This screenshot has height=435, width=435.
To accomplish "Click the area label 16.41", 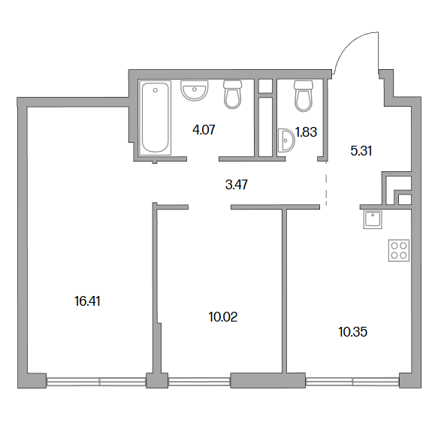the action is coord(87,301).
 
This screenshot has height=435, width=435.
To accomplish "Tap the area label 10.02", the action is coord(223,317).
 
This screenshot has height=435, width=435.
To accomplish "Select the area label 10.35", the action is coord(353,332).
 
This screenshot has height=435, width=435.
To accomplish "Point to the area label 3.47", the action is coord(237,185).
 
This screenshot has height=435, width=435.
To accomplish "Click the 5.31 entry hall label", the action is coord(361,151).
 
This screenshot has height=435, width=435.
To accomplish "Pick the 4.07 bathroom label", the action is coord(204,130).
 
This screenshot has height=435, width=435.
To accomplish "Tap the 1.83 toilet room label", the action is coord(306,132).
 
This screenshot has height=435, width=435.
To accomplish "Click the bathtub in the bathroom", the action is coord(155,118).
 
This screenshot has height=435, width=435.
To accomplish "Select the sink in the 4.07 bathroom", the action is coord(194,90).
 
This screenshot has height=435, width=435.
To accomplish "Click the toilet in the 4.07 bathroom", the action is coord(232,95).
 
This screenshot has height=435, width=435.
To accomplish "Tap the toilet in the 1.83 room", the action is coord(304,96).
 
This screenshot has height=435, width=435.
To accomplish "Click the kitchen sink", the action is coord(373,219).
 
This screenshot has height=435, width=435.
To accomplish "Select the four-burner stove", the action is coord(399,250).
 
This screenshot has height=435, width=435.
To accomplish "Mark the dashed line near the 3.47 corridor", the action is coord(326,183).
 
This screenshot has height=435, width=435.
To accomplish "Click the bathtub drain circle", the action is coord(156,90).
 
